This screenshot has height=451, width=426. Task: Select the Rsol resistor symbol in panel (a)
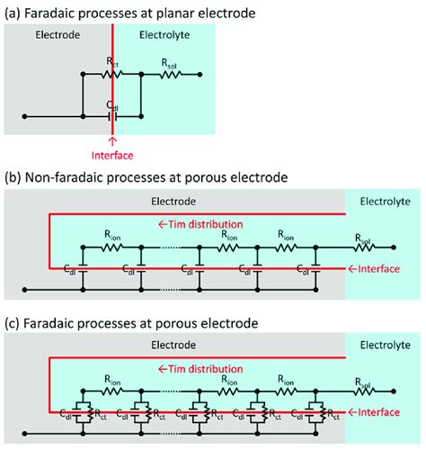point(170,76)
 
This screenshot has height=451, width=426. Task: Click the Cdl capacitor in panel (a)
point(112,115)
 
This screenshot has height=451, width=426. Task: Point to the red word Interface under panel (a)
point(112,154)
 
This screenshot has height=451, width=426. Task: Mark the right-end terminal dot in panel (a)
point(200,76)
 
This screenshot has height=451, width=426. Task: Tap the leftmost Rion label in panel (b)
point(112,235)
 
